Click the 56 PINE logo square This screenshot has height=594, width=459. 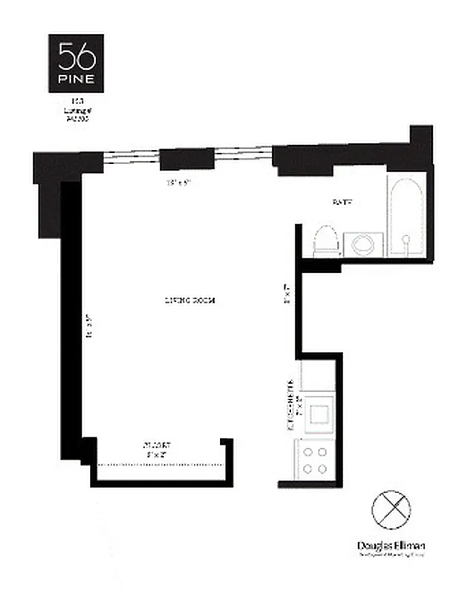pyautogui.click(x=76, y=60)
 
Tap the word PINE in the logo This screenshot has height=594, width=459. pyautogui.click(x=76, y=77)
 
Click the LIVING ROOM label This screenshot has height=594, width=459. pyautogui.click(x=189, y=301)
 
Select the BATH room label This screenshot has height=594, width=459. pyautogui.click(x=342, y=202)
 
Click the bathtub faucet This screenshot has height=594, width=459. pyautogui.click(x=406, y=240)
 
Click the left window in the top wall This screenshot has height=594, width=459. pyautogui.click(x=130, y=157)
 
